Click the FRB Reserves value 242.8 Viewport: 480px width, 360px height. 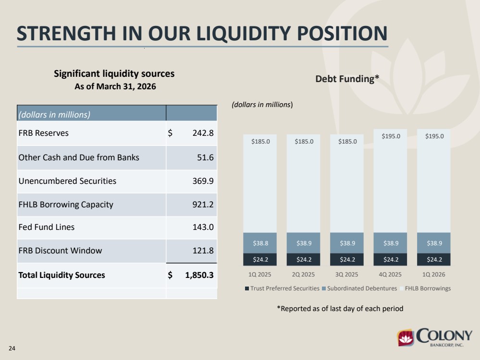(x=203, y=133)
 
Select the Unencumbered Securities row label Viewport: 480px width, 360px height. (x=67, y=181)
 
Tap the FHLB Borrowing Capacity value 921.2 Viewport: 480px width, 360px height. (x=203, y=204)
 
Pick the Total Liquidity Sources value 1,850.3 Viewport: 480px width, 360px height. (x=199, y=275)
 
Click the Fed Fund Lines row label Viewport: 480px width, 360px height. (x=47, y=227)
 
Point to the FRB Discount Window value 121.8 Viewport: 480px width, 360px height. (x=203, y=251)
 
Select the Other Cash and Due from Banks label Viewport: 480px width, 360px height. (x=79, y=157)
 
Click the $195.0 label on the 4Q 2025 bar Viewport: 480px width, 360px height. (x=391, y=136)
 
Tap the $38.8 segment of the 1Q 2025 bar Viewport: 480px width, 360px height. (x=260, y=243)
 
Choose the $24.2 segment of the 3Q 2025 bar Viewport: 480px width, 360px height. (x=347, y=259)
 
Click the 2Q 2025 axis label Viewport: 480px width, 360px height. (x=303, y=275)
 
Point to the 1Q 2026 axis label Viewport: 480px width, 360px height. (x=434, y=275)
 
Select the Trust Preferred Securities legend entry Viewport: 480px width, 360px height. (x=282, y=288)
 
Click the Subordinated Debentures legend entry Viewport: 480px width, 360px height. (x=359, y=288)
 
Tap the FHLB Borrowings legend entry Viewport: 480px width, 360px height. (x=425, y=288)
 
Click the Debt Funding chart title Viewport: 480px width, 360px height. (x=347, y=79)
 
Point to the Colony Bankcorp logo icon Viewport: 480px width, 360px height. (x=406, y=337)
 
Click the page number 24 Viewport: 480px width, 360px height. (x=12, y=348)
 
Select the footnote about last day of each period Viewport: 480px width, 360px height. (x=340, y=309)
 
